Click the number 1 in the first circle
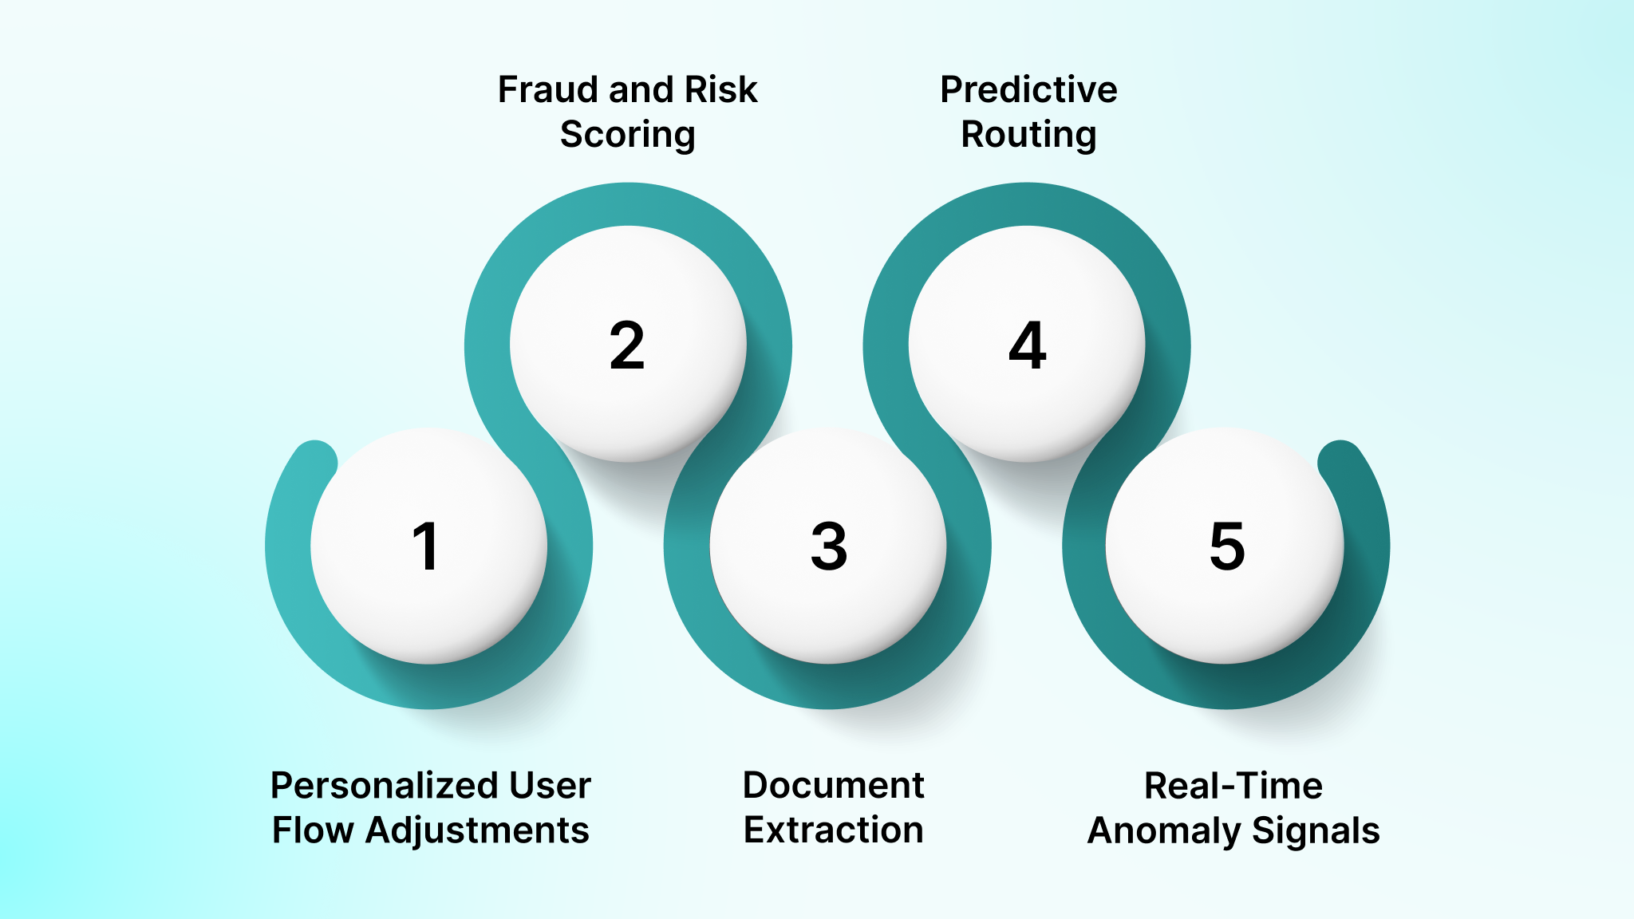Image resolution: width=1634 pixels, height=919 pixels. pos(426,546)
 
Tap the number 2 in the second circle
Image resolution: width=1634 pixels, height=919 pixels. pos(627,345)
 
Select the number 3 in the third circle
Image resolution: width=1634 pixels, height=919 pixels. pos(829,546)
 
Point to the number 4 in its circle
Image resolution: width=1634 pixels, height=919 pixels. pos(1028,345)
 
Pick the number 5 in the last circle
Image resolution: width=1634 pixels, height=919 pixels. pos(1227,546)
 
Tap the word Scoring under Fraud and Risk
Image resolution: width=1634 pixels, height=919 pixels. pos(627,134)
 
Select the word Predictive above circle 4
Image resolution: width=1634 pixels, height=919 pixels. pos(1028,89)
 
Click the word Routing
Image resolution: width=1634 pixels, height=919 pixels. pos(1028,134)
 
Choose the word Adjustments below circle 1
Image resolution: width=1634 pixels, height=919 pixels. pos(477,830)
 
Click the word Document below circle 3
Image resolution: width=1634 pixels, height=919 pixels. pos(833,786)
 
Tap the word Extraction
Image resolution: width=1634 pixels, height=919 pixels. pos(833,830)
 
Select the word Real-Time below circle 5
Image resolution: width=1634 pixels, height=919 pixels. pos(1233,786)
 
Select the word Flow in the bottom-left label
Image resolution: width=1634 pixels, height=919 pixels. pos(313,830)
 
